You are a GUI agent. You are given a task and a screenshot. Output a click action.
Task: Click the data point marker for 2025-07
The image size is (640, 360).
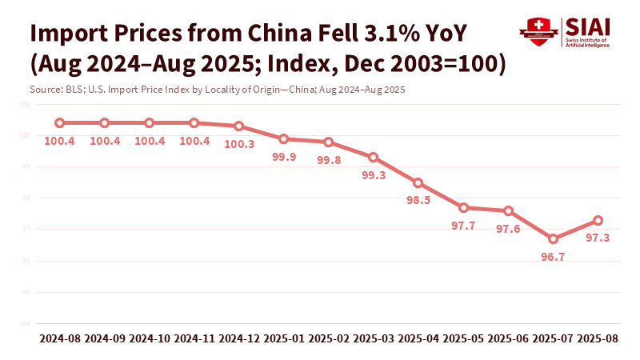click(553, 238)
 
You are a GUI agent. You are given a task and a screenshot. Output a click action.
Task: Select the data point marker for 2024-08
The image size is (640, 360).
click(59, 122)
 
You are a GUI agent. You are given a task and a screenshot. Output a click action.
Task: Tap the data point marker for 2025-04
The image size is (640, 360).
click(418, 182)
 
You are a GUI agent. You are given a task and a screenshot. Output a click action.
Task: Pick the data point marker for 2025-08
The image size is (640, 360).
click(598, 220)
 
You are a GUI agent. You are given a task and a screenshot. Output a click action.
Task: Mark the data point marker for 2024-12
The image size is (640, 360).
click(239, 126)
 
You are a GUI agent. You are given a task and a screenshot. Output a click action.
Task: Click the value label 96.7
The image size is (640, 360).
click(553, 257)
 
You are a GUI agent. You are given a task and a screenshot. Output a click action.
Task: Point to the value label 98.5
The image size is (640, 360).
click(418, 200)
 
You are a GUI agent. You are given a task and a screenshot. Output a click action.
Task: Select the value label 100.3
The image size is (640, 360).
click(239, 144)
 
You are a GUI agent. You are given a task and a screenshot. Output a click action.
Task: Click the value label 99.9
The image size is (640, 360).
click(284, 157)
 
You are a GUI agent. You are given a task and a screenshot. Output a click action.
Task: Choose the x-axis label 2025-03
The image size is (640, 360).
click(374, 339)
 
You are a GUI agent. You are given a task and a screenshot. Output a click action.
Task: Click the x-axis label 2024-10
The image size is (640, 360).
click(150, 339)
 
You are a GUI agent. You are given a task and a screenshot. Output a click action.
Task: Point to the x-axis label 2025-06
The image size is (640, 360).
click(508, 339)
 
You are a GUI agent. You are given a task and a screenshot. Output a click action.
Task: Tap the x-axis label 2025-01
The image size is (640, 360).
click(284, 339)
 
